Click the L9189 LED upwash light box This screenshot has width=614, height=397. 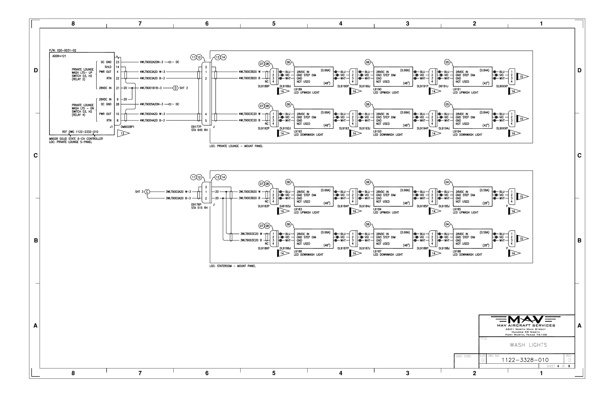click(x=314, y=77)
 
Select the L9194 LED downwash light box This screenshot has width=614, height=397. click(x=472, y=119)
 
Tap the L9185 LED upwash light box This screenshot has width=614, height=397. click(x=472, y=197)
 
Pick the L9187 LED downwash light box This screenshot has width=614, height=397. click(x=393, y=239)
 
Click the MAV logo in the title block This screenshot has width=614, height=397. click(x=526, y=320)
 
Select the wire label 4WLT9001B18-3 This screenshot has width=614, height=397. click(x=151, y=88)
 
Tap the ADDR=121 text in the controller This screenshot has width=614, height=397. click(x=59, y=56)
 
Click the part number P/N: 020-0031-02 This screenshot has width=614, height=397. click(x=63, y=51)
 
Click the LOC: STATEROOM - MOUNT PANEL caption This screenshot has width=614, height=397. click(x=233, y=266)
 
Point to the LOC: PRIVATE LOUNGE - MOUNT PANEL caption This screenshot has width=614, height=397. click(x=236, y=146)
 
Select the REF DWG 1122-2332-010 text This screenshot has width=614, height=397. click(x=80, y=132)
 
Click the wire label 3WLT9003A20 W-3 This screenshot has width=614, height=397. click(x=178, y=192)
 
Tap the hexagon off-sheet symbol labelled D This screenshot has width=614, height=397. click(x=175, y=88)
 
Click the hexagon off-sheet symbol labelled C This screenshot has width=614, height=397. click(x=147, y=192)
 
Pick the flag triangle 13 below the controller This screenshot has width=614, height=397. click(x=123, y=133)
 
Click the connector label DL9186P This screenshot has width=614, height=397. click(x=263, y=249)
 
